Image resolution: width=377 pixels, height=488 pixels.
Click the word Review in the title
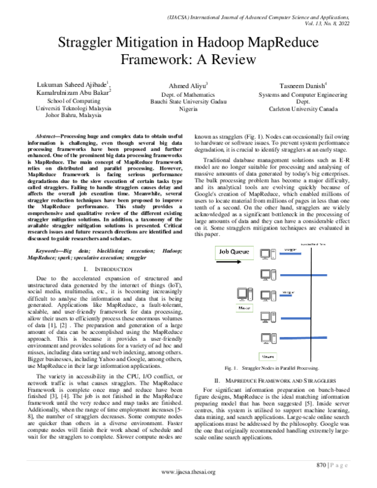[232, 60]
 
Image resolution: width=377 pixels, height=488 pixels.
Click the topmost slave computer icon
[268, 254]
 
